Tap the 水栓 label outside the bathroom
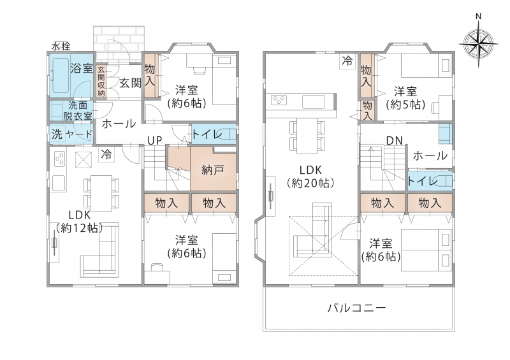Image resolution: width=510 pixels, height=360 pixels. click(x=61, y=47)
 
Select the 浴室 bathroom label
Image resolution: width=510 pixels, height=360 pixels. click(x=82, y=69)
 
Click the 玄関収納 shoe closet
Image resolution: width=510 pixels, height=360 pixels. click(x=101, y=82)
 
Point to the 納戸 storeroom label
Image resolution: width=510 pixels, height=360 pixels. click(x=213, y=170)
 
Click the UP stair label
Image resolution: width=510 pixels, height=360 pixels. click(x=154, y=140)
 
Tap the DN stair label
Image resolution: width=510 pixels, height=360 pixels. click(x=394, y=140)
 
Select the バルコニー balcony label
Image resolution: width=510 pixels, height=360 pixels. click(x=356, y=307)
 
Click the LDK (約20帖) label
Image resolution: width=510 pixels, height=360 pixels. click(x=310, y=176)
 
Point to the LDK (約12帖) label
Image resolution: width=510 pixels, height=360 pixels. click(x=80, y=222)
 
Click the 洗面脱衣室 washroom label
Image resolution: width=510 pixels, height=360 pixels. click(x=78, y=112)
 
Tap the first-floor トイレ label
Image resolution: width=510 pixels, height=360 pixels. click(x=205, y=134)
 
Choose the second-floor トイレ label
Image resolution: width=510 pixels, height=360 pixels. click(x=421, y=181)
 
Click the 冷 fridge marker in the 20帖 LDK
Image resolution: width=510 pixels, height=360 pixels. click(x=347, y=60)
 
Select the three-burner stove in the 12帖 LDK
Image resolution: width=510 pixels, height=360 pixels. click(x=59, y=159)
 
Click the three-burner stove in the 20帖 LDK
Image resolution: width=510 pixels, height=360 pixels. click(x=279, y=100)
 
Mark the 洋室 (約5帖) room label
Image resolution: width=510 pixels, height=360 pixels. click(x=405, y=97)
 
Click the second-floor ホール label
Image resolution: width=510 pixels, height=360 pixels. click(x=430, y=155)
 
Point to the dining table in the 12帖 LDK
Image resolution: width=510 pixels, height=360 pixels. click(x=101, y=193)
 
